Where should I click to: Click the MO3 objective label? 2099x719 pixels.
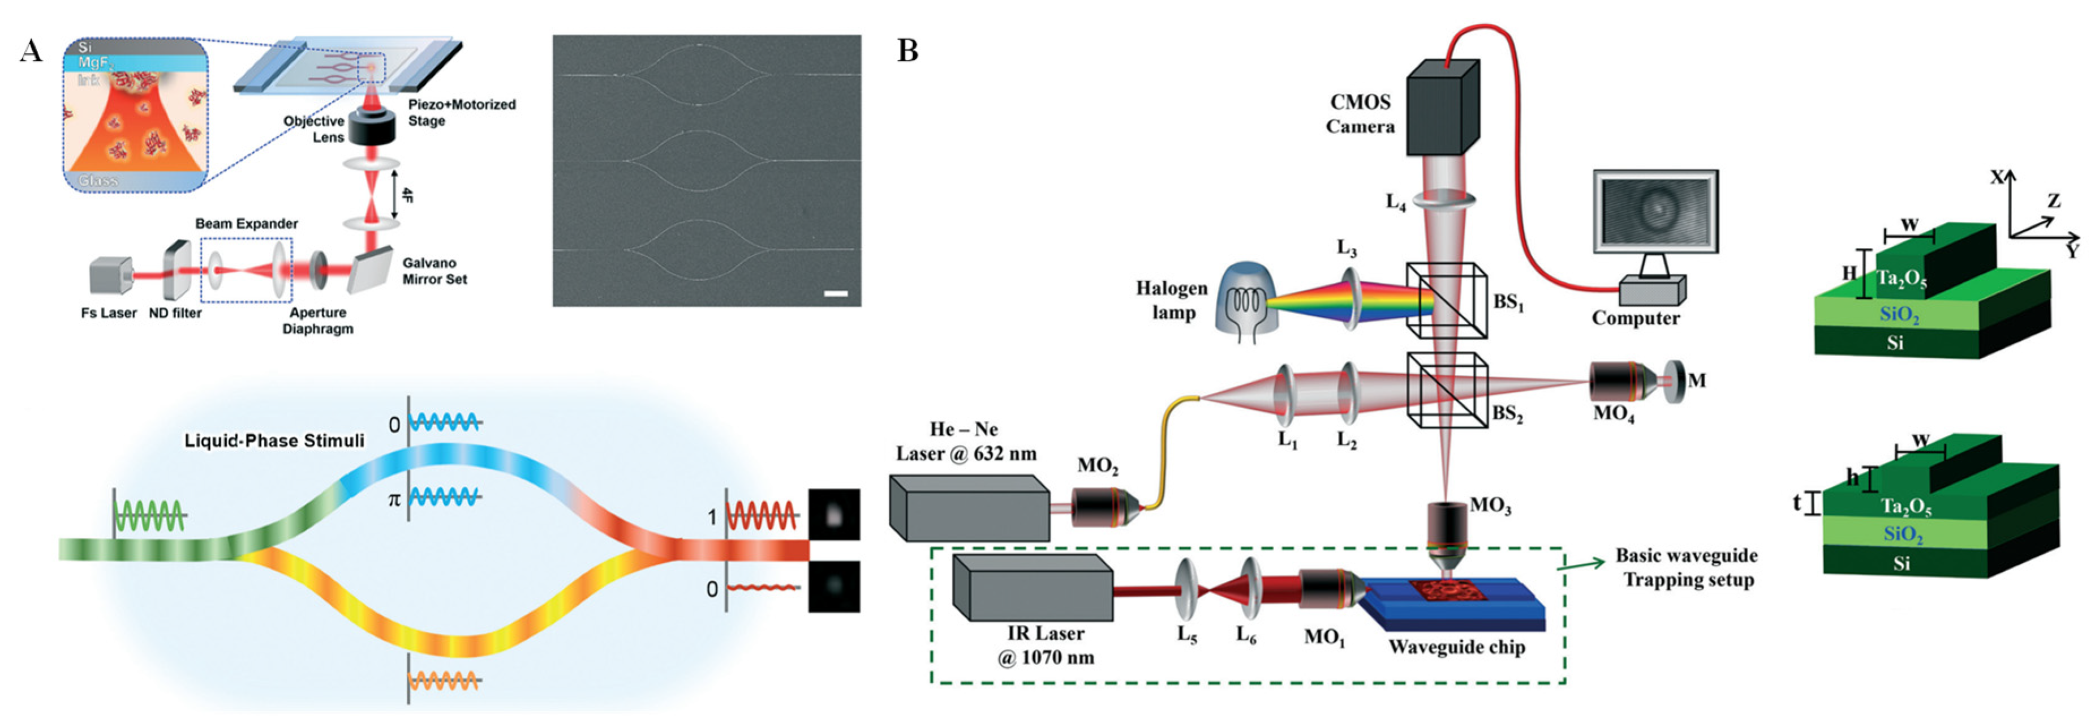click(x=1490, y=506)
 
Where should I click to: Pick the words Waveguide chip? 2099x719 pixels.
click(x=1456, y=647)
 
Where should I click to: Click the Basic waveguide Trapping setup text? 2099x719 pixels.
click(x=1687, y=567)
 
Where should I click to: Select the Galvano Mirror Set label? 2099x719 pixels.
click(x=435, y=271)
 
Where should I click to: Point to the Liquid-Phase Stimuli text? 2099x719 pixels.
click(x=274, y=441)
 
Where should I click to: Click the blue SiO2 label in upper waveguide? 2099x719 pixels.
click(x=1899, y=315)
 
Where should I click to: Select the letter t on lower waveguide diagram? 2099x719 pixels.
click(x=1797, y=503)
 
